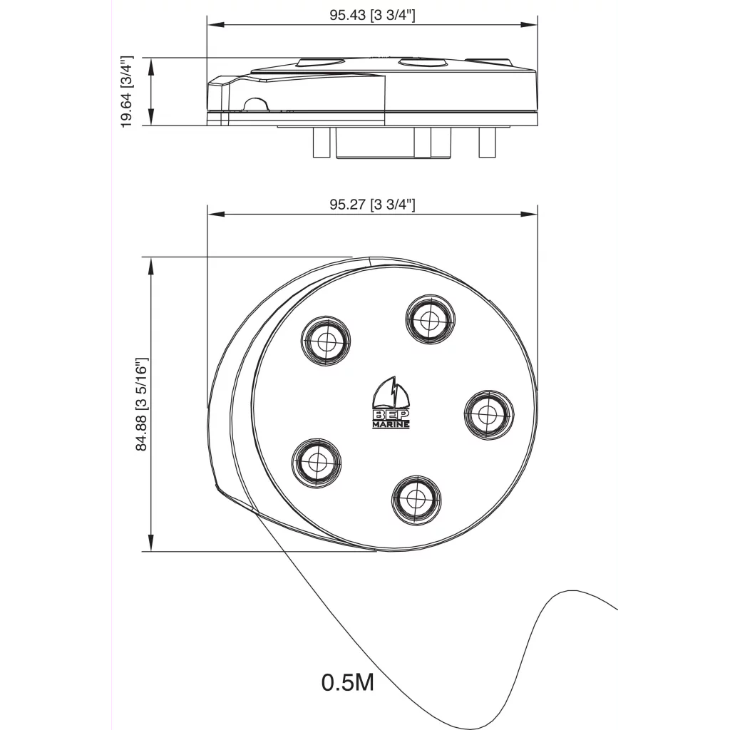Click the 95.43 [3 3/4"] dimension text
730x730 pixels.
[372, 16]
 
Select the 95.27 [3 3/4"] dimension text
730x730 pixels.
[372, 205]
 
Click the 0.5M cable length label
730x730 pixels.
[348, 682]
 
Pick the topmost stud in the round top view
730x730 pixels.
[428, 320]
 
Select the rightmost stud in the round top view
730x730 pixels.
[488, 413]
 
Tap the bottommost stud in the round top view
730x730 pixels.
[416, 498]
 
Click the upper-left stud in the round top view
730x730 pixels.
[326, 340]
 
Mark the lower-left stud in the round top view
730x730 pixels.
[315, 462]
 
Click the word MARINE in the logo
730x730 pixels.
[391, 425]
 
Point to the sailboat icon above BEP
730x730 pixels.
[392, 393]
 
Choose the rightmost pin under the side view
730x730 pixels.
[488, 142]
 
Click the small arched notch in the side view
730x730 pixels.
[255, 105]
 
